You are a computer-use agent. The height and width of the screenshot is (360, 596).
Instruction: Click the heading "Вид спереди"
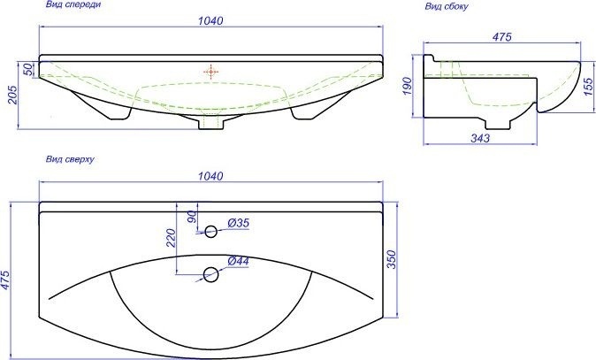coord(73,5)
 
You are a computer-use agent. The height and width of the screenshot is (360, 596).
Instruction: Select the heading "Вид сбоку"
coord(447,6)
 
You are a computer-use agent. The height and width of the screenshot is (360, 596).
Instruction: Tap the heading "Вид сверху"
coord(70,159)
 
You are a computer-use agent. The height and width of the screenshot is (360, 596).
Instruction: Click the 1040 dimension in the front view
coord(210,20)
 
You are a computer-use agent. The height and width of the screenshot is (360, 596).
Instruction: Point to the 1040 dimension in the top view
coord(210,176)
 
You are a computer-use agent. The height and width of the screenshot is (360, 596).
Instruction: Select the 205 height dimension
coord(12,95)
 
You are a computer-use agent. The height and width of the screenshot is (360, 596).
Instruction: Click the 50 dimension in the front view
coord(28,69)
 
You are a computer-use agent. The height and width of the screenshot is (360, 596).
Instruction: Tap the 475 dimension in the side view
coord(501,37)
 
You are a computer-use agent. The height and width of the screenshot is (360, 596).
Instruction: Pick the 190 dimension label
coord(407,86)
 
